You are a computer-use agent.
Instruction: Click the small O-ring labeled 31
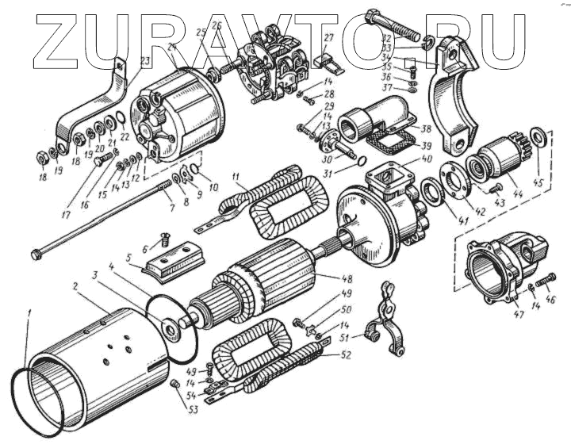361,162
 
